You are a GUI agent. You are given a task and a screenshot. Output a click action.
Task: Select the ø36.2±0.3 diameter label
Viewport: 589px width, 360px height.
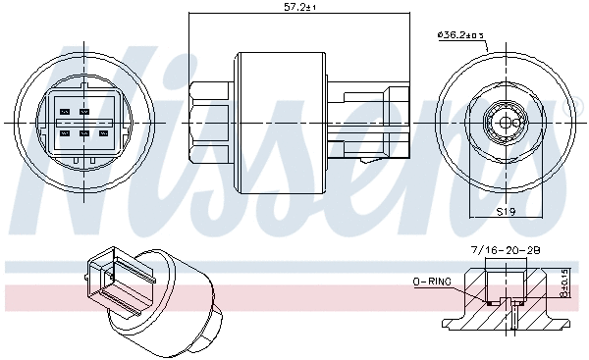click(461, 37)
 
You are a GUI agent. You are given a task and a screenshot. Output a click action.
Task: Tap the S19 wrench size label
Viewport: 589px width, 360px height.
click(506, 211)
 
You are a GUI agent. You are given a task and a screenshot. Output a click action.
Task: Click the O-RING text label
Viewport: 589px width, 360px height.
click(431, 283)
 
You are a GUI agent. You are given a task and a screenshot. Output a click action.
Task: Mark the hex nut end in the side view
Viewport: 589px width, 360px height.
click(210, 122)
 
